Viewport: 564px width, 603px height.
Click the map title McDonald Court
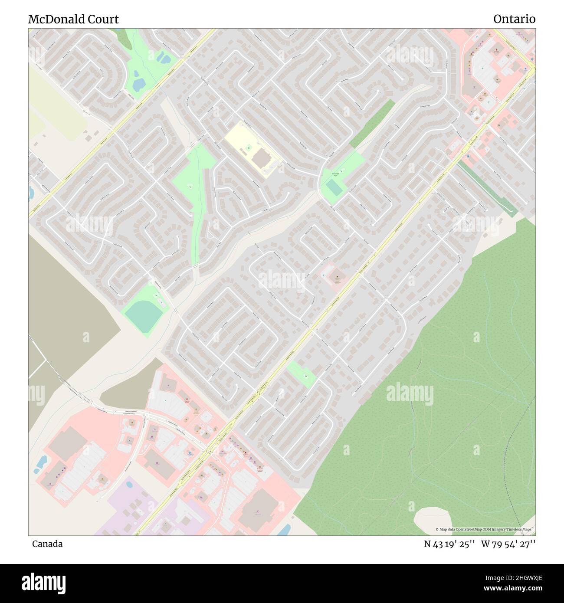click(x=73, y=20)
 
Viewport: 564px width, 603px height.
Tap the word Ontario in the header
click(x=514, y=19)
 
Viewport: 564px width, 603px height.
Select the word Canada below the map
click(x=47, y=544)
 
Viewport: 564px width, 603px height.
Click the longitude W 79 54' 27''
click(x=508, y=544)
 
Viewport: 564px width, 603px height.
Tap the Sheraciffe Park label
click(x=334, y=174)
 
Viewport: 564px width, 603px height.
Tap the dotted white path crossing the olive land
click(x=69, y=386)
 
